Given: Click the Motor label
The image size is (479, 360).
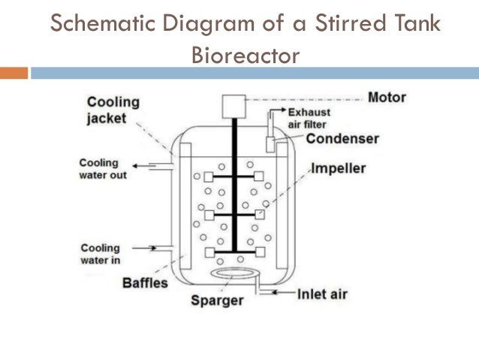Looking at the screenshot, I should (387, 98).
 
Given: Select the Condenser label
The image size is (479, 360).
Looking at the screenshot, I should (342, 139).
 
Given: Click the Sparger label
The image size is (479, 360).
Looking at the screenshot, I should (217, 301).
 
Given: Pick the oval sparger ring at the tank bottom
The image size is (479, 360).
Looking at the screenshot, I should (235, 274).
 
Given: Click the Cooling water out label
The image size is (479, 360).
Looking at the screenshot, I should (103, 169).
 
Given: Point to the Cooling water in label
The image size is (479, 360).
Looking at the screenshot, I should (100, 254).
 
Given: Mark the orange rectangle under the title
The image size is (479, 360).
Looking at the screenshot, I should (14, 73).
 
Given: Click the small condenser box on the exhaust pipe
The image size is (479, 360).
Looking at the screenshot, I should (270, 143).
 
